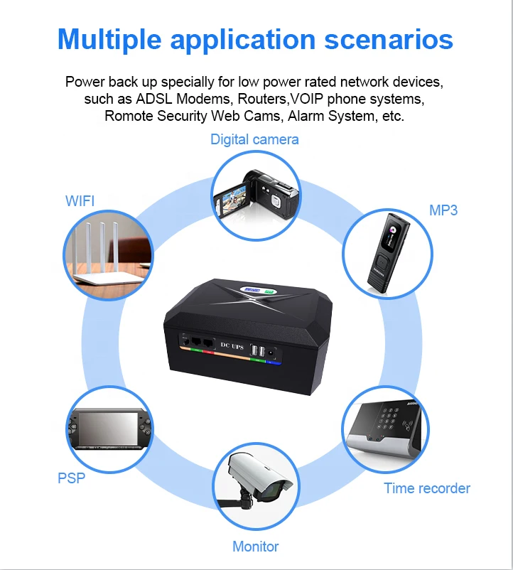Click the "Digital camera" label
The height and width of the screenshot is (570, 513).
tap(254, 139)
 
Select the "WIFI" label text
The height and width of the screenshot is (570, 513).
tap(80, 201)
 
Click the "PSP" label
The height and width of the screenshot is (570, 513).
tap(71, 478)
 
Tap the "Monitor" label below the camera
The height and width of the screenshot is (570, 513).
tap(256, 547)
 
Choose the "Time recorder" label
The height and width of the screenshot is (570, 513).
tap(427, 488)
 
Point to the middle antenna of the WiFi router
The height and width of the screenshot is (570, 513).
tap(102, 245)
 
